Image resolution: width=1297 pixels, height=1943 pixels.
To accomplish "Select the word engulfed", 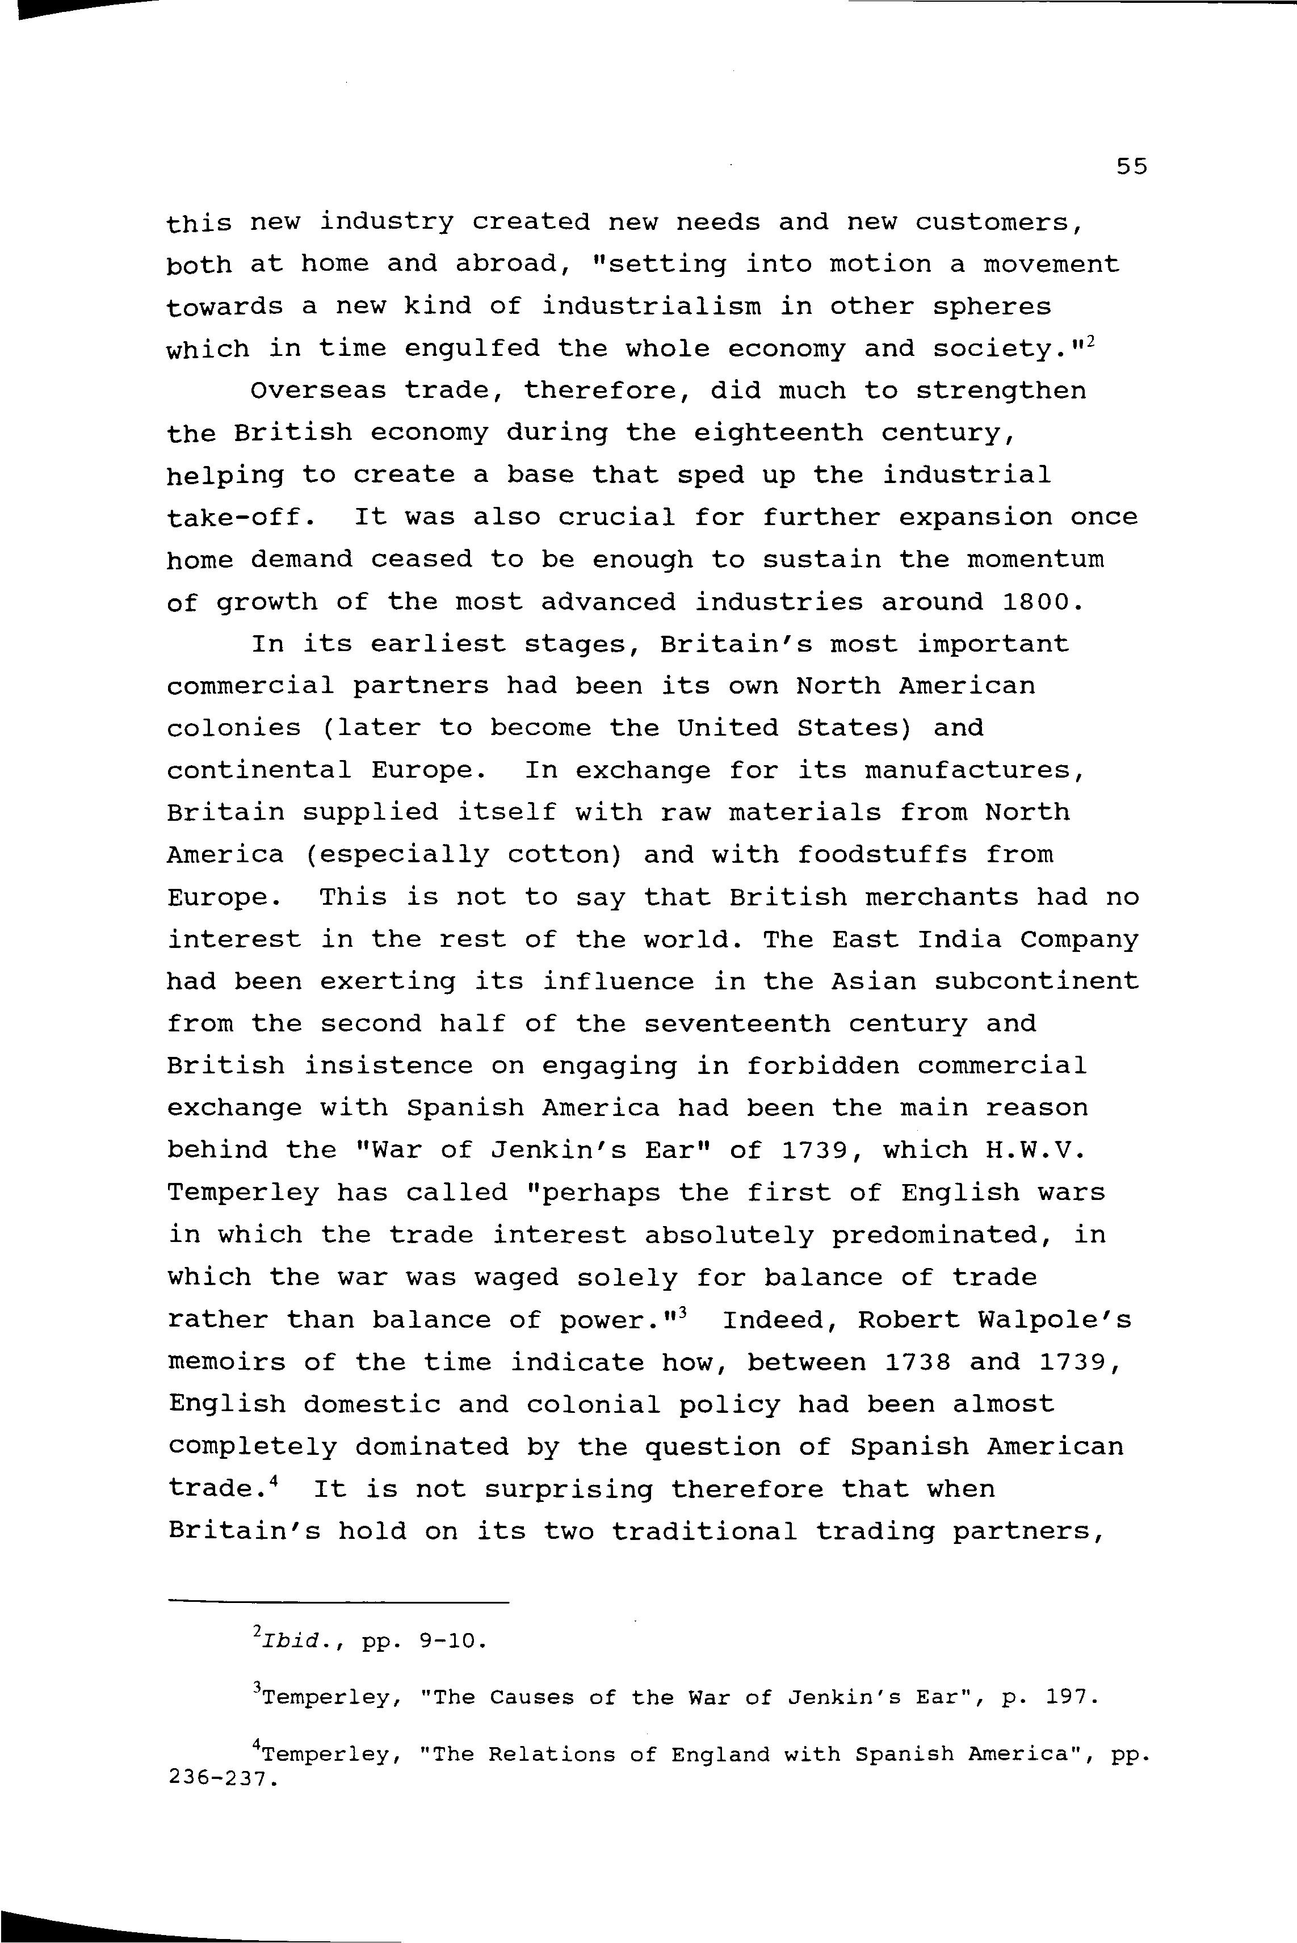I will pyautogui.click(x=472, y=349).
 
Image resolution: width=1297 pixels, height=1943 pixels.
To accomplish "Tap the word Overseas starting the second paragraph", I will pyautogui.click(x=318, y=391).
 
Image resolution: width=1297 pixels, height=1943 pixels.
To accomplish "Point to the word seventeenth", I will pyautogui.click(x=737, y=1024).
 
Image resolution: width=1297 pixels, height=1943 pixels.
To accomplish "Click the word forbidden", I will pyautogui.click(x=823, y=1066).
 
